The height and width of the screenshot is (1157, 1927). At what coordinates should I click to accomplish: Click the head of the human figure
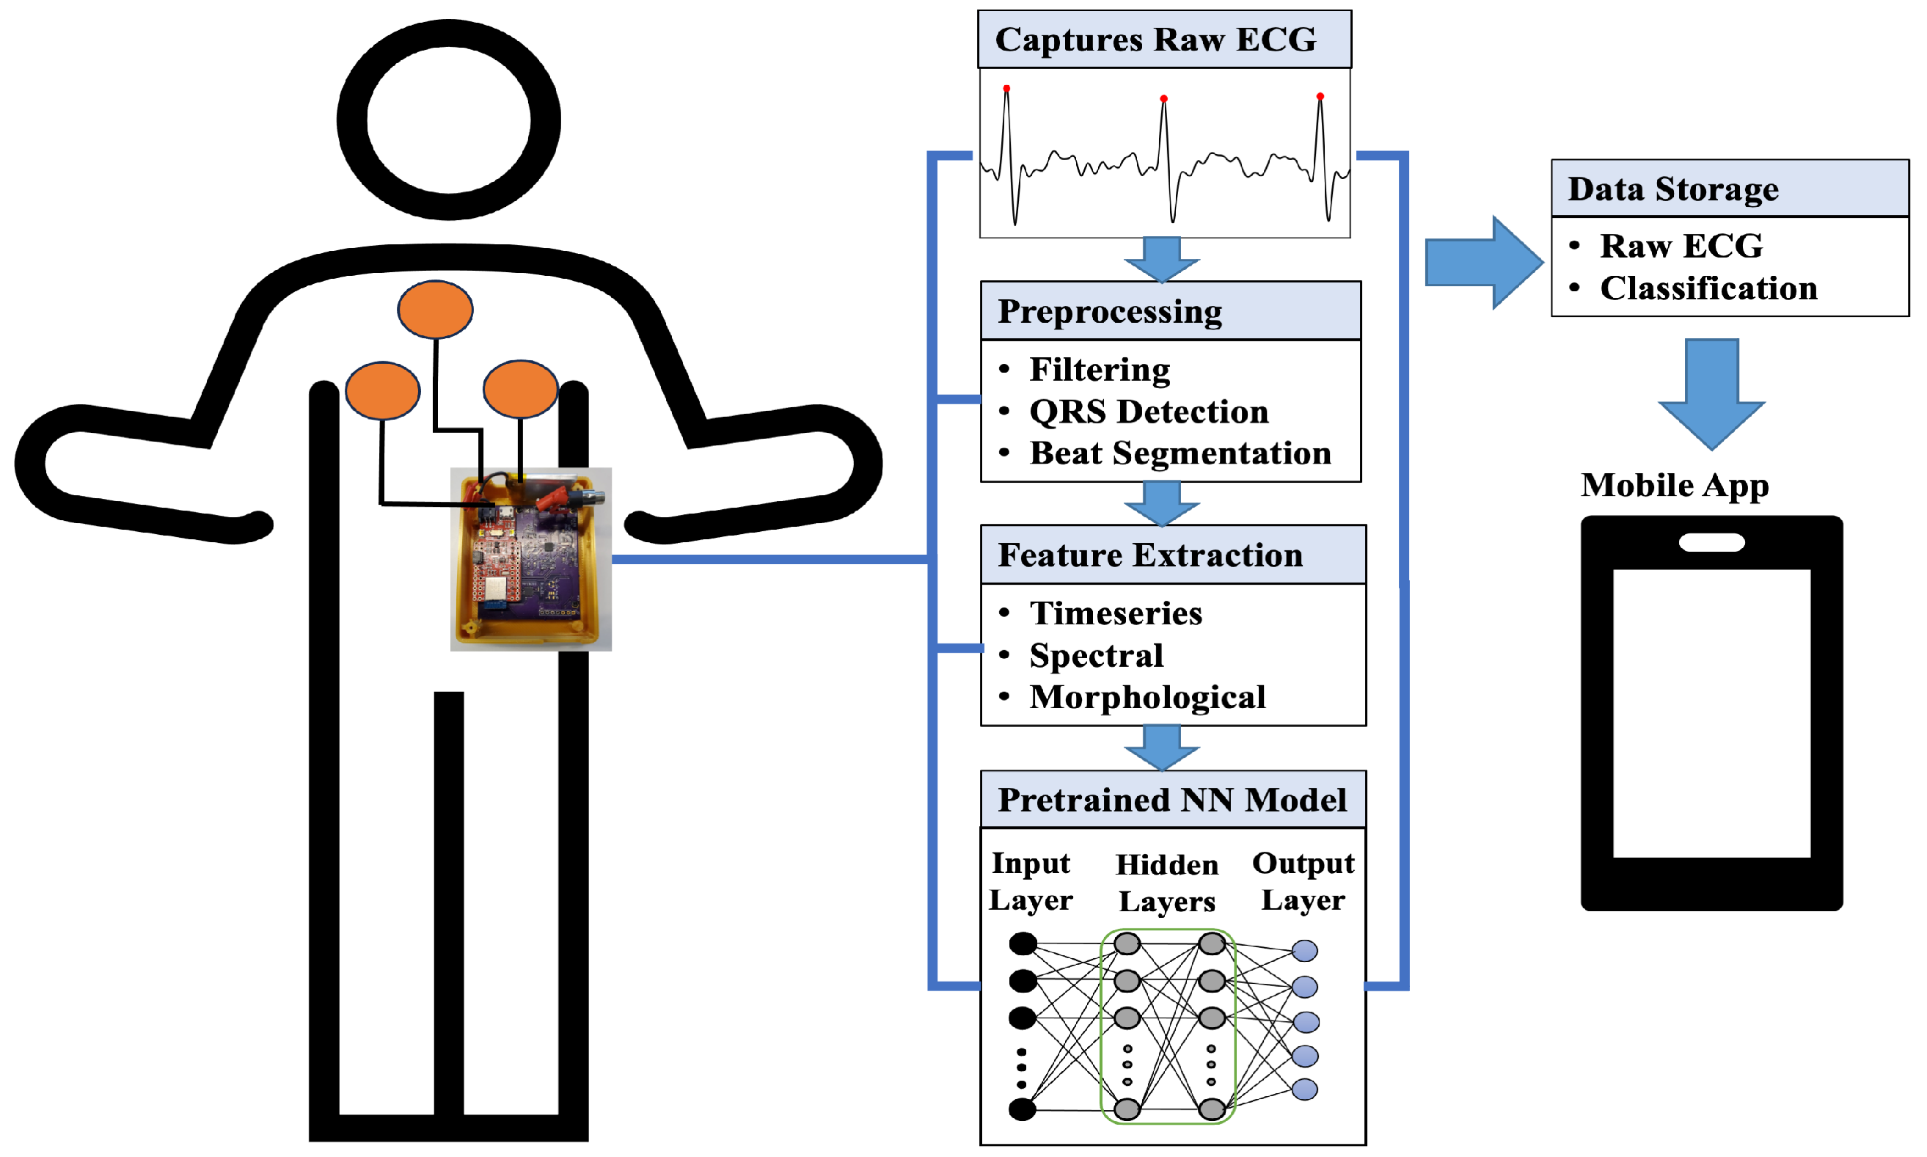tap(448, 120)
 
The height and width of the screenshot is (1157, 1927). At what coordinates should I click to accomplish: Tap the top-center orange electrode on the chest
tap(435, 310)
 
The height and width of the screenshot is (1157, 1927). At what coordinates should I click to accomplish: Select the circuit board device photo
tap(531, 559)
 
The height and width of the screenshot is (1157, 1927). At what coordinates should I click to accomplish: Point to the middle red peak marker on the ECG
tap(1163, 99)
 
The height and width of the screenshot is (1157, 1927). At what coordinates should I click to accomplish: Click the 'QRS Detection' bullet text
tap(1148, 412)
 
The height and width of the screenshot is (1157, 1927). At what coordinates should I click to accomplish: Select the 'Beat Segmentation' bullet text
tap(1180, 453)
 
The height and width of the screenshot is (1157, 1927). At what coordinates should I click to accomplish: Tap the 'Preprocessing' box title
tap(1109, 311)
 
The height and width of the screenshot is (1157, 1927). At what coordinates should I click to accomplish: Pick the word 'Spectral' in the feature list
tap(1096, 655)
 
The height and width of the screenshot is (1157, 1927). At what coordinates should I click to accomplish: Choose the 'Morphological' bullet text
tap(1147, 697)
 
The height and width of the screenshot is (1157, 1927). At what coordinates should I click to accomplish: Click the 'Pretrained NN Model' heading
tap(1171, 800)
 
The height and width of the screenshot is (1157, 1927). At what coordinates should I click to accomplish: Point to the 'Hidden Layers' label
tap(1166, 883)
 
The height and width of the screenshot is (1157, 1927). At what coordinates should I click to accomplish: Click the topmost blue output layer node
tap(1304, 950)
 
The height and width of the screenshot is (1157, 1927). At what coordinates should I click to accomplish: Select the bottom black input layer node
tap(1022, 1109)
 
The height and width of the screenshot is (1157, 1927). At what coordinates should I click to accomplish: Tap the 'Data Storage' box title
tap(1673, 189)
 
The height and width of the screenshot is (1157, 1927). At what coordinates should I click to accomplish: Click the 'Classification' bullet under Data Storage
tap(1708, 288)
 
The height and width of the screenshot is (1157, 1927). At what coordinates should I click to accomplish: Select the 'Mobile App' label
tap(1675, 485)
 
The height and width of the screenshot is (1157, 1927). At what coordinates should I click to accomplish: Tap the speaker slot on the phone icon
tap(1711, 543)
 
